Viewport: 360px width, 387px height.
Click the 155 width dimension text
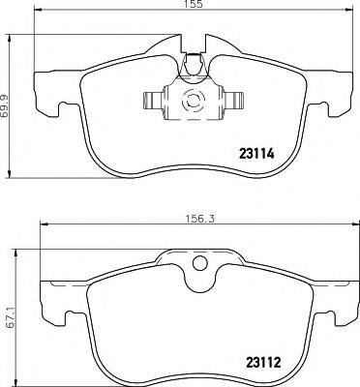coord(196,7)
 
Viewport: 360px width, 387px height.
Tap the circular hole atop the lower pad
coord(201,262)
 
